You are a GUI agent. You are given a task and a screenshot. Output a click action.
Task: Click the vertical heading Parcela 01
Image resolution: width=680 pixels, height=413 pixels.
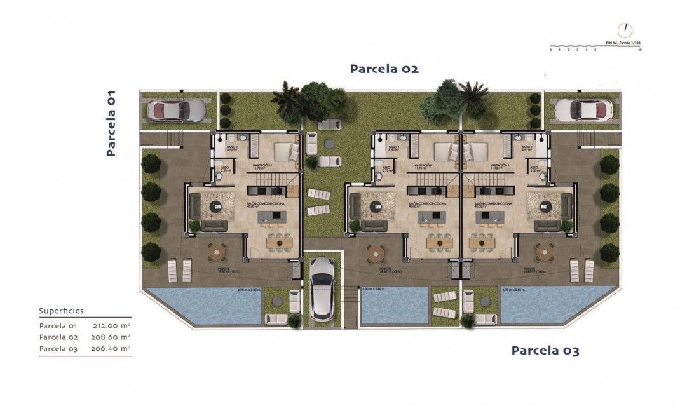click(x=111, y=123)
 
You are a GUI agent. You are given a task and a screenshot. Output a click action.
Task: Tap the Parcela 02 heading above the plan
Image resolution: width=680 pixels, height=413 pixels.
click(x=384, y=69)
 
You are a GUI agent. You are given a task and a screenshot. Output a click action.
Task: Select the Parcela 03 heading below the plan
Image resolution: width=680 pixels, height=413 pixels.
click(x=545, y=350)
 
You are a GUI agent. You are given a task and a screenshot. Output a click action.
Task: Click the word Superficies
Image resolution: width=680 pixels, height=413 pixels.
click(x=61, y=311)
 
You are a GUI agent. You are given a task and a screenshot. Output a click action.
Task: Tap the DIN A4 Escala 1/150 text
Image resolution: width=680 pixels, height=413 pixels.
click(x=620, y=43)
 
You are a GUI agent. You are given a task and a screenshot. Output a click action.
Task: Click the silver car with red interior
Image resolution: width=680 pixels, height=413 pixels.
click(x=177, y=111)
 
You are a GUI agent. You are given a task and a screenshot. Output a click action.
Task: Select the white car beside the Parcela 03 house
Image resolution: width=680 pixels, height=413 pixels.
click(x=583, y=111)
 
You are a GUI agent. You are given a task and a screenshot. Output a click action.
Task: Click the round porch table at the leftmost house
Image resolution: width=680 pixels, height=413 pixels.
click(x=217, y=252)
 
